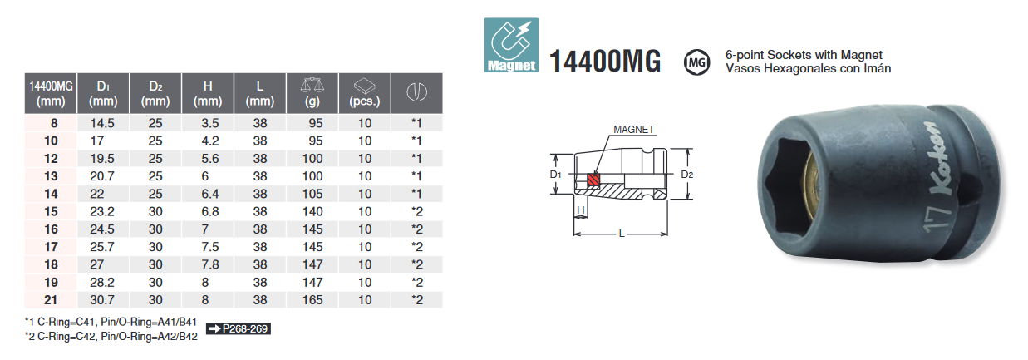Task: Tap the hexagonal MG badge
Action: (x=696, y=61)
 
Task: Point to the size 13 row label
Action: (x=51, y=175)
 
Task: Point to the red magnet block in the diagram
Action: (x=593, y=180)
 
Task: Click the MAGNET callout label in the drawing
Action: (x=634, y=130)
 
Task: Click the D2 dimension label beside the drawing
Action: (x=686, y=175)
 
